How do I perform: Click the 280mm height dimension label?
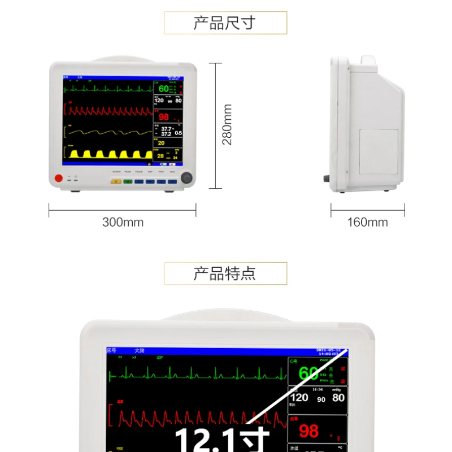tap(227, 125)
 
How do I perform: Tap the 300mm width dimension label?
tap(123, 222)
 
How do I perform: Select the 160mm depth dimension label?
tap(367, 222)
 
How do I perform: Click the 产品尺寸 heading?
tap(225, 23)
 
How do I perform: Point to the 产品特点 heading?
tap(225, 274)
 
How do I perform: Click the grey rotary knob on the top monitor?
tap(186, 179)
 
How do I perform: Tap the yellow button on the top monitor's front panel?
tap(116, 182)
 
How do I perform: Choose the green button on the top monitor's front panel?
tap(128, 182)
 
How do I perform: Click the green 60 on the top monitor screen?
tap(163, 89)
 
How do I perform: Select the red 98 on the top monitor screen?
tap(164, 117)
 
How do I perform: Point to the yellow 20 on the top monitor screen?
tap(161, 143)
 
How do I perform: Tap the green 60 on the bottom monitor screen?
tap(308, 373)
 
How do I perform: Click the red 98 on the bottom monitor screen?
tap(309, 431)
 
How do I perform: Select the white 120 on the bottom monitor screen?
tap(299, 398)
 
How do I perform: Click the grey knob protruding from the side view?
tap(327, 179)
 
